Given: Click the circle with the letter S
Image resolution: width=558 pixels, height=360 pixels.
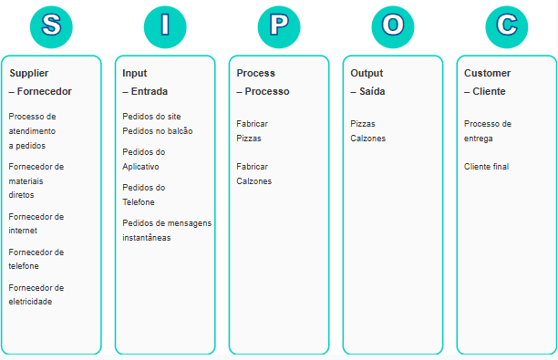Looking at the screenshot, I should point(51,26).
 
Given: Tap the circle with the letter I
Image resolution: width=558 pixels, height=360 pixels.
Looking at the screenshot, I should point(165,26).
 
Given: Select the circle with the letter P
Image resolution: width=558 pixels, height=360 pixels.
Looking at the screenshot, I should point(279,26).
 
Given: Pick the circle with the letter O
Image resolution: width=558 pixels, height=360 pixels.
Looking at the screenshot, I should point(393,26).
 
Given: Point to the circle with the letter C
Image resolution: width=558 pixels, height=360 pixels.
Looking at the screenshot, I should point(507,26).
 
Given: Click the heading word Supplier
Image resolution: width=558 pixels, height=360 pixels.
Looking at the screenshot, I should point(29,73).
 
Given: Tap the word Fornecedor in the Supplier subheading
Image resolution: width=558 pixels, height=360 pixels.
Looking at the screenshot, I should point(45,91).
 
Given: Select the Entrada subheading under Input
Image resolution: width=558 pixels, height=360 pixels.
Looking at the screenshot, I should point(150,91).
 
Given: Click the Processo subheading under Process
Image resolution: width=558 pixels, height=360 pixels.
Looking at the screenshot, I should point(267,91).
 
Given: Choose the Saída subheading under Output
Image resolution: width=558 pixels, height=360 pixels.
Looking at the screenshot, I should point(372,91).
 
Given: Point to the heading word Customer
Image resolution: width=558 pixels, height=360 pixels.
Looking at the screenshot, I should point(488,73).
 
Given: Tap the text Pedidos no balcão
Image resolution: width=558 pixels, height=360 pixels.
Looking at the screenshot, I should point(158,131).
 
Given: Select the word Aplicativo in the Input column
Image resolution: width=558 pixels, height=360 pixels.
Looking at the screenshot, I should point(140,167).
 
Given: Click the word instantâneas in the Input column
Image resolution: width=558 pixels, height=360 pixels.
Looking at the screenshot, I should point(147,238).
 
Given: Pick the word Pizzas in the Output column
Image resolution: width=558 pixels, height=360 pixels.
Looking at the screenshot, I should point(363,124).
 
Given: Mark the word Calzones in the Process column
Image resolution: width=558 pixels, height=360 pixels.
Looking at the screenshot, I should point(253,181).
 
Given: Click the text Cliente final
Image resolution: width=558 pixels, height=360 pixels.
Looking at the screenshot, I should point(487,167).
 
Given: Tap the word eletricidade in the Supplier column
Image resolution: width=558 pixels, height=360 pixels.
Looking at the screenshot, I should point(30,302).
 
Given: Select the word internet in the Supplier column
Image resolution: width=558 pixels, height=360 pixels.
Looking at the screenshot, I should point(23,231).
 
